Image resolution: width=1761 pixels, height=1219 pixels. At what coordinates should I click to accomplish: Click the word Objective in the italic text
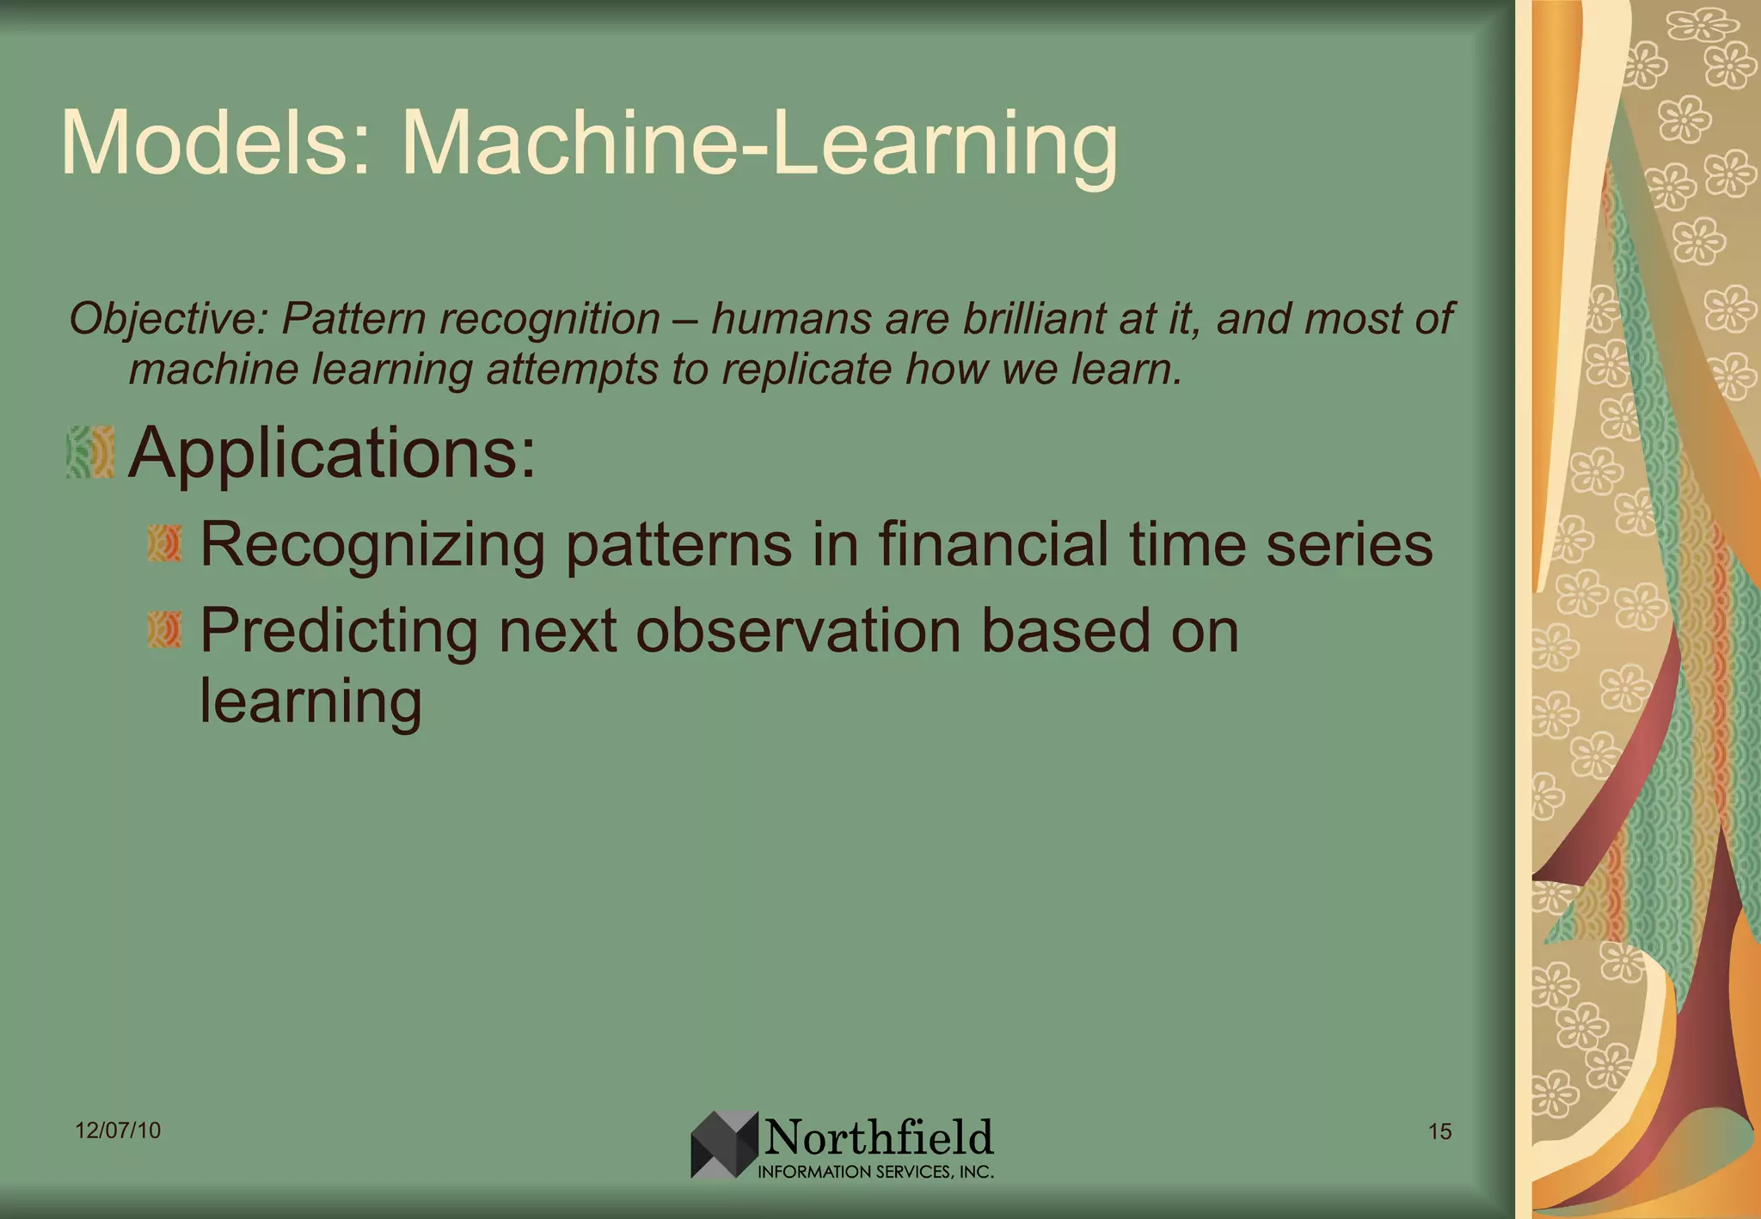click(x=169, y=319)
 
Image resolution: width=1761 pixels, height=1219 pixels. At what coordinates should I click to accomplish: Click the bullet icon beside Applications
click(x=90, y=452)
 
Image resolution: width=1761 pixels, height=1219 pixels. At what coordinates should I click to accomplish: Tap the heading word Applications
click(x=331, y=453)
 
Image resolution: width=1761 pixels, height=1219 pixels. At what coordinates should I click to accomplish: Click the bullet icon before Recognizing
click(x=164, y=543)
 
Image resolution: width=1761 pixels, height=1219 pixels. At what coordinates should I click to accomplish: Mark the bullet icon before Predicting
click(x=164, y=629)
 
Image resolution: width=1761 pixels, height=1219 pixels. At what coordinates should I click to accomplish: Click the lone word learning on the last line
click(x=310, y=701)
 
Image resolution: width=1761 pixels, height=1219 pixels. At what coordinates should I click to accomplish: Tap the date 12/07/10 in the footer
click(x=118, y=1130)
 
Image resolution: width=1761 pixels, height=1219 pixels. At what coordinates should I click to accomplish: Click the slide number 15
click(x=1439, y=1131)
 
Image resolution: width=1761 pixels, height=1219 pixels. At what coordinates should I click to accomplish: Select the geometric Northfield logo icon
click(x=724, y=1144)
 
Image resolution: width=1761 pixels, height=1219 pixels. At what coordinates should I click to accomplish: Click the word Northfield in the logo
click(x=878, y=1137)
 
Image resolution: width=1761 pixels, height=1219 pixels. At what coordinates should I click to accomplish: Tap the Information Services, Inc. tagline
click(x=874, y=1172)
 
